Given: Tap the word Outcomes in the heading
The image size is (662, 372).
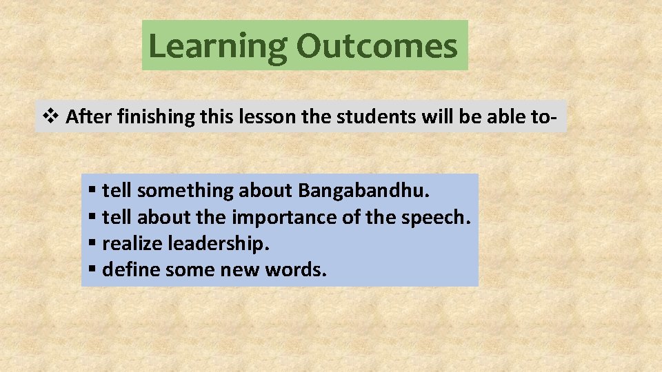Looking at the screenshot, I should pos(377,45).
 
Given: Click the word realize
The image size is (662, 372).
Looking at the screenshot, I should pos(132,244).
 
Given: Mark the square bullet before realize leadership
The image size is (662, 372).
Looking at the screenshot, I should pos(93,244).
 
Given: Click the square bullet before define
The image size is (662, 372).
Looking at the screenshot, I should pos(93,270).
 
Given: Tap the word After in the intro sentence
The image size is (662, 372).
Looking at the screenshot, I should pos(90,117).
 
